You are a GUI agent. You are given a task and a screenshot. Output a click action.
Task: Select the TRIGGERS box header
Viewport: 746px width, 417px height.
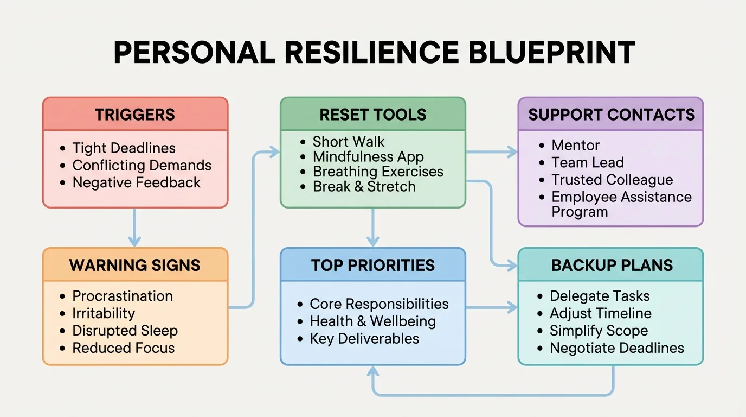pyautogui.click(x=135, y=115)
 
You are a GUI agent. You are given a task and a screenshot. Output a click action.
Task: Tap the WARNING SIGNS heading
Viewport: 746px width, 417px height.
pyautogui.click(x=135, y=265)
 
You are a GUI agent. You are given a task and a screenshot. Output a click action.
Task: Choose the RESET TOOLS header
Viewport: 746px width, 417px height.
pyautogui.click(x=373, y=115)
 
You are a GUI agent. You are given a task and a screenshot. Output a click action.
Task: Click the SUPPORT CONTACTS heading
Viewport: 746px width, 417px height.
pyautogui.click(x=611, y=115)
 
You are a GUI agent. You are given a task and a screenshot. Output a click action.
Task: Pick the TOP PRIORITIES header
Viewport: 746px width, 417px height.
pyautogui.click(x=373, y=265)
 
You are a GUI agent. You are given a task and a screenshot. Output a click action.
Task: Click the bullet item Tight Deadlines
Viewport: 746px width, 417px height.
pyautogui.click(x=124, y=148)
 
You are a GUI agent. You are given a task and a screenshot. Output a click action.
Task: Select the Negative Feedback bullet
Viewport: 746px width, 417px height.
pyautogui.click(x=136, y=182)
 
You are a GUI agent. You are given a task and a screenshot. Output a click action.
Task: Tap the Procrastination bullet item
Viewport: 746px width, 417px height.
pyautogui.click(x=123, y=296)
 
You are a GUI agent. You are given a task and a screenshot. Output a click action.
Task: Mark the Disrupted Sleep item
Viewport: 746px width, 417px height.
pyautogui.click(x=125, y=331)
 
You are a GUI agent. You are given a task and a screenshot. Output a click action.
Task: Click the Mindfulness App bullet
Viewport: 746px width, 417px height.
pyautogui.click(x=368, y=157)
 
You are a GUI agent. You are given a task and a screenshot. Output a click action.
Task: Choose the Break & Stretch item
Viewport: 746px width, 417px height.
pyautogui.click(x=364, y=186)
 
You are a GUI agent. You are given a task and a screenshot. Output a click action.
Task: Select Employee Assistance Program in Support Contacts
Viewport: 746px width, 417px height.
pyautogui.click(x=621, y=204)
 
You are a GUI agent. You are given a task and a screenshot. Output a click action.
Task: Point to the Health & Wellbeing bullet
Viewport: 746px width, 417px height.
pyautogui.click(x=372, y=321)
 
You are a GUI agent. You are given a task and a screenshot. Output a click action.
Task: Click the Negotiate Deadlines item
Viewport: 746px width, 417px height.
pyautogui.click(x=617, y=348)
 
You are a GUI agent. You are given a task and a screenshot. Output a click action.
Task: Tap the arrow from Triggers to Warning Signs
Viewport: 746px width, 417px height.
pyautogui.click(x=134, y=228)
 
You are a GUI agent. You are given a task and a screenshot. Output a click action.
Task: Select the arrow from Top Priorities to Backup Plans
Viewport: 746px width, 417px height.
pyautogui.click(x=491, y=308)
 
